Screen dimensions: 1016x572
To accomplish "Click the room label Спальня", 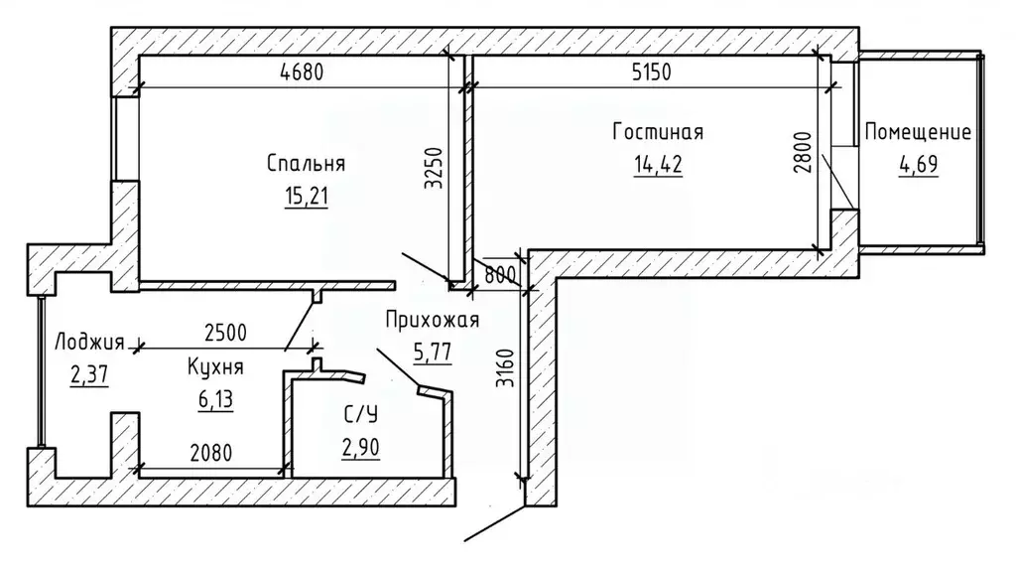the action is coord(306,164).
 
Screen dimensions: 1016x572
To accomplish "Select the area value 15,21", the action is coord(306,196).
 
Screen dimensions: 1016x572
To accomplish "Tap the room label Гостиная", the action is coord(658,132).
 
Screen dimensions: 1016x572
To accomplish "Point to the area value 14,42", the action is coord(658,164).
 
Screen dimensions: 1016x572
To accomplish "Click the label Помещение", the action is coord(918,132).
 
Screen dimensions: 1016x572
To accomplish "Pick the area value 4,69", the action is coord(918,164).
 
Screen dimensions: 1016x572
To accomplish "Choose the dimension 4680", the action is coord(302,71).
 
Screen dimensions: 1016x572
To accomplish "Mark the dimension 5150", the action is coord(651,71).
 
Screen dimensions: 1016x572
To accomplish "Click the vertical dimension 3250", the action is coord(433,168).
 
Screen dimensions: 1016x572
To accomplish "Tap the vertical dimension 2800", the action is coord(802,152).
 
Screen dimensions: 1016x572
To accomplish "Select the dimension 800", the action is coord(500,275).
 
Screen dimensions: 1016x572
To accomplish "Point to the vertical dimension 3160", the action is coord(504,368).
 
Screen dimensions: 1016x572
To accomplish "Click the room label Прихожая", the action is coord(433,320).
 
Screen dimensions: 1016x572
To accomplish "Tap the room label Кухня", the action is coord(215,367).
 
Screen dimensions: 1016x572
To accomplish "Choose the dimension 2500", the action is coord(225,333).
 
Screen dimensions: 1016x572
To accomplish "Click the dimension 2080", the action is coord(211,452).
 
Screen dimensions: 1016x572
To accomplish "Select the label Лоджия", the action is coord(88,342).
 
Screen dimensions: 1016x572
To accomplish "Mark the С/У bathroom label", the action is coord(360,415).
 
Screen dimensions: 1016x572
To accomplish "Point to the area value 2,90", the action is coord(360,448).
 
